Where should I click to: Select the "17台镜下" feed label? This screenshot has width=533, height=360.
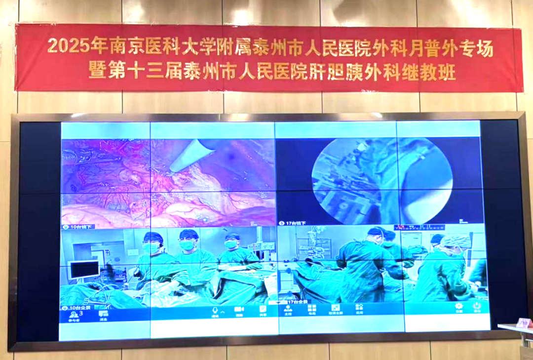(295, 223)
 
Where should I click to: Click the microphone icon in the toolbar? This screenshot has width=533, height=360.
(215, 310)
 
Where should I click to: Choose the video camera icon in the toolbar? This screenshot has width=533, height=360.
(239, 310)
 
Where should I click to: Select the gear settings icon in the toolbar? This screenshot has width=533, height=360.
(458, 306)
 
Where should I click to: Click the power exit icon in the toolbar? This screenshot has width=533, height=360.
(477, 306)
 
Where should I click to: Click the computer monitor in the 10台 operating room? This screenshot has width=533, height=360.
(84, 270)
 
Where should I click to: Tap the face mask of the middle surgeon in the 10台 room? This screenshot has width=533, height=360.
(187, 245)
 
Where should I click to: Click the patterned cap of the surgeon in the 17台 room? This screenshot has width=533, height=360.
(457, 241)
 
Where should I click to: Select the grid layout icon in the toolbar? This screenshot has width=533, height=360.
(336, 308)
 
